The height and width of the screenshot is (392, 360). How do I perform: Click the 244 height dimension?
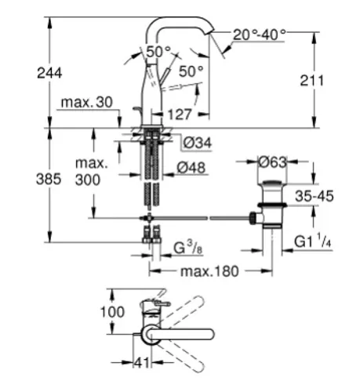pos(49,73)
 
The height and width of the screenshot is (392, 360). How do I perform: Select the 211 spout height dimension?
pos(312,81)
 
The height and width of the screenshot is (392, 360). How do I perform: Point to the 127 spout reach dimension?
pos(180,114)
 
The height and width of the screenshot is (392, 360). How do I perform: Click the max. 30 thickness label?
pos(87,102)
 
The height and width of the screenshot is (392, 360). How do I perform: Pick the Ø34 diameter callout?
pos(198,143)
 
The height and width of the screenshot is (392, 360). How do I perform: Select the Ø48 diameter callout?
pos(191,167)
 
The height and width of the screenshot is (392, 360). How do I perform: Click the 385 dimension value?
pos(49,180)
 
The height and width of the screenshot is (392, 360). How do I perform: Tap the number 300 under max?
pos(88,180)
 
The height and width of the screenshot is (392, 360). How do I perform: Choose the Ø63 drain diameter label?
pos(272,162)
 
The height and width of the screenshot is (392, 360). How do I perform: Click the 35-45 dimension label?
pos(315,196)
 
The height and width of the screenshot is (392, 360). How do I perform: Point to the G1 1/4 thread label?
pos(313,241)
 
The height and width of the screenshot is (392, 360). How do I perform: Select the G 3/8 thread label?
pos(188,248)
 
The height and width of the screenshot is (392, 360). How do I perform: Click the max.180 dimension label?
pos(209,271)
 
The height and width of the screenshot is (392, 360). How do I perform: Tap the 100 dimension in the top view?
pos(112,312)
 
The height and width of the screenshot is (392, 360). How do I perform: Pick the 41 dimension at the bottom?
pos(143,362)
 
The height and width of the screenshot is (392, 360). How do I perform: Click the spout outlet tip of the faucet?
pos(210,32)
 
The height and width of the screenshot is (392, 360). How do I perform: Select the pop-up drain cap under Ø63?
pos(272,183)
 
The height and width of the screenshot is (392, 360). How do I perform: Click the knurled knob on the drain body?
pos(253,218)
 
